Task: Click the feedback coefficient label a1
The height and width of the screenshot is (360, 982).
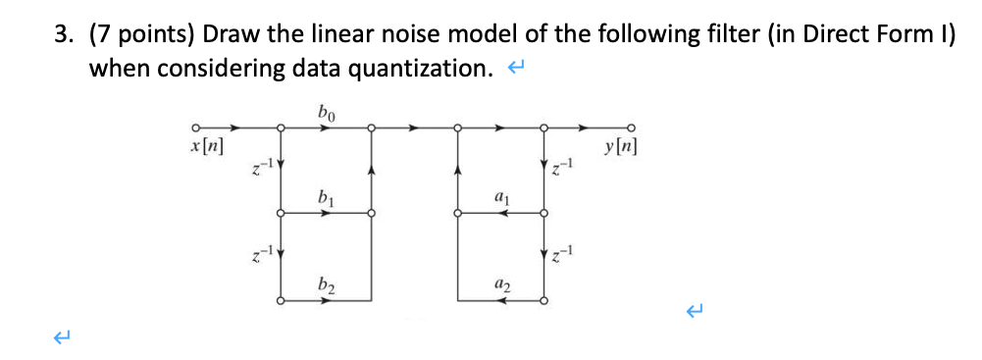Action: [501, 199]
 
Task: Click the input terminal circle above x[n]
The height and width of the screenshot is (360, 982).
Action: [195, 128]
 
